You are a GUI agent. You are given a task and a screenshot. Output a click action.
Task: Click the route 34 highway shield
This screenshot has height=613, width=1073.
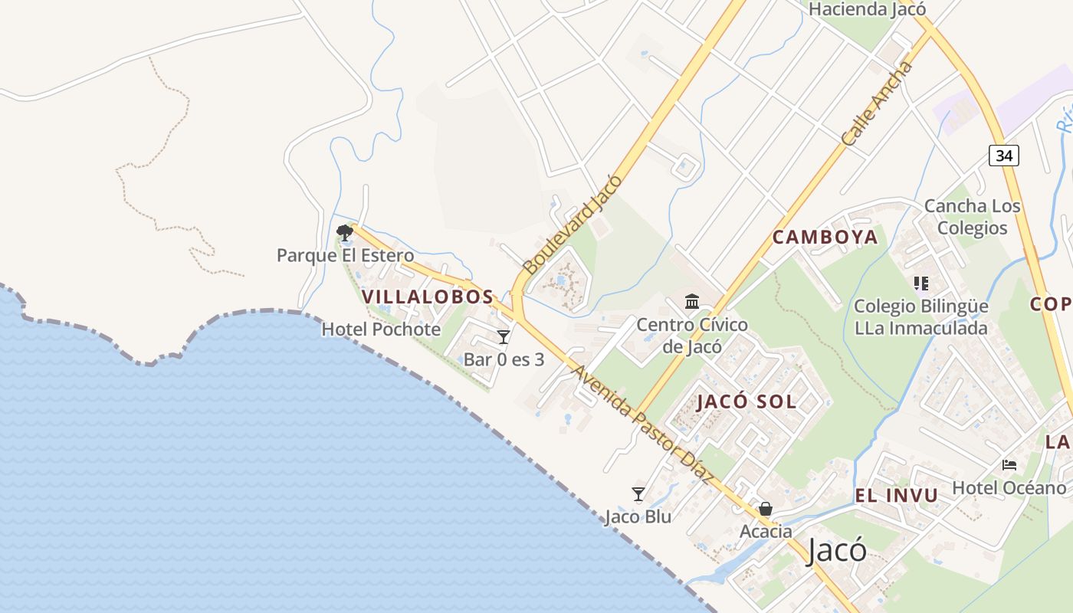click(1004, 156)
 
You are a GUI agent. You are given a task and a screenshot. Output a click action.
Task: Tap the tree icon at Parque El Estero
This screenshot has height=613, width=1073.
click(345, 232)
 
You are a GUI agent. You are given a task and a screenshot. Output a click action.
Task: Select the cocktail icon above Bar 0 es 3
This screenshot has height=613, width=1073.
click(504, 337)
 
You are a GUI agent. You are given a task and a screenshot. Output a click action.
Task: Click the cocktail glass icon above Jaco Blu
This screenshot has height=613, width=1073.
click(638, 494)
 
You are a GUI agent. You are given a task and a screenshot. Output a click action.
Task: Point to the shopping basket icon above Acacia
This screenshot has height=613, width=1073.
click(765, 509)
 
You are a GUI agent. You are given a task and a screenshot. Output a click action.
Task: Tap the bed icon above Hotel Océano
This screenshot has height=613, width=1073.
click(1009, 465)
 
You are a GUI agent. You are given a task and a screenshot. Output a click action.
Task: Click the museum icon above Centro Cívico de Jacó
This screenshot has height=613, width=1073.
click(692, 301)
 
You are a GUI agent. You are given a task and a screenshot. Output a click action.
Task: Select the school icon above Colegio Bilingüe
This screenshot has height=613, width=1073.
click(921, 284)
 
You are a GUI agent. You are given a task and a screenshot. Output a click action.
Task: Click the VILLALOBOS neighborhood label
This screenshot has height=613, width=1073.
click(427, 297)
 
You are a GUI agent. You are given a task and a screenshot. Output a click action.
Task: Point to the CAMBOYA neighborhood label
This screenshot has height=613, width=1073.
click(825, 237)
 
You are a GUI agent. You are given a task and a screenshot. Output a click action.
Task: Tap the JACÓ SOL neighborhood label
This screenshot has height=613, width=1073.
click(747, 402)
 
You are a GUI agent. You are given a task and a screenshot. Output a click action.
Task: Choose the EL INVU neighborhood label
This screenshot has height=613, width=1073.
click(896, 496)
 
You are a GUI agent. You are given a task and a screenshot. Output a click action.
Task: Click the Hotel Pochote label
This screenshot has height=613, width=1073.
click(381, 329)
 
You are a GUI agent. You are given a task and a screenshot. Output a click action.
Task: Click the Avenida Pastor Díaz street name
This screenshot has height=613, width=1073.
click(643, 424)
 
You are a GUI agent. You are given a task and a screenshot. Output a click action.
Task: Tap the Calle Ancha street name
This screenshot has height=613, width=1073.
click(878, 104)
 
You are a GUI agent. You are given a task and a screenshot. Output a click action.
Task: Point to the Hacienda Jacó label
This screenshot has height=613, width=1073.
click(867, 9)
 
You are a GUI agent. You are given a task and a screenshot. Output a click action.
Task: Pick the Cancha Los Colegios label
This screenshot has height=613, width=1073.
click(972, 217)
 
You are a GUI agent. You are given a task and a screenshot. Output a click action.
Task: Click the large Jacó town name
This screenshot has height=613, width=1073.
click(836, 551)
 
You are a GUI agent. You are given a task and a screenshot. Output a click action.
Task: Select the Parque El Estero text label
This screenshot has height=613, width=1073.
click(345, 255)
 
